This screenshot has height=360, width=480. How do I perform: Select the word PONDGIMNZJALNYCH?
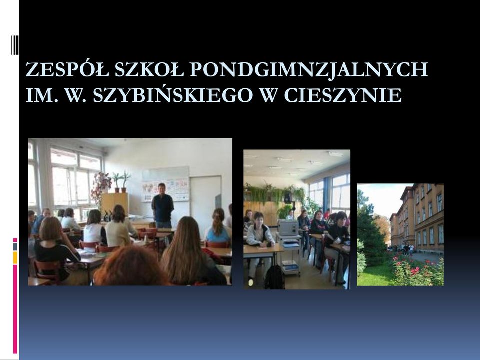pos(309,70)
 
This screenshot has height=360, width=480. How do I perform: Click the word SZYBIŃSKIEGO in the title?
pos(173,95)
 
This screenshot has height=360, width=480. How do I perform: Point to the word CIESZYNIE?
pos(343,95)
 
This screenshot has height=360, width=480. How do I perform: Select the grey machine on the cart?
pos(287,228)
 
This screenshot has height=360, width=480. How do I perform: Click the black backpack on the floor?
pos(274,277)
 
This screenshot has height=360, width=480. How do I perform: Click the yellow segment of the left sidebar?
pos(15,257)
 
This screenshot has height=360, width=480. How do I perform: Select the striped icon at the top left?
pos(15,45)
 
